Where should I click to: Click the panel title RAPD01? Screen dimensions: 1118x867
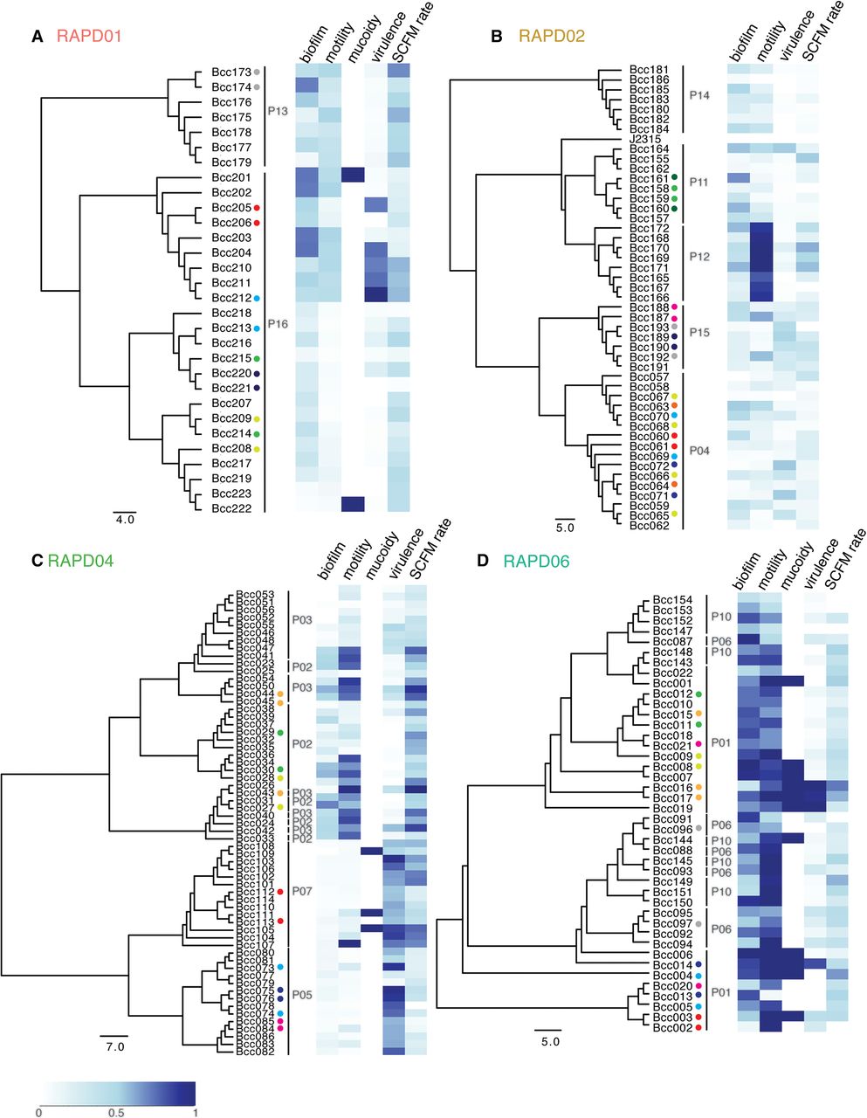click(x=88, y=37)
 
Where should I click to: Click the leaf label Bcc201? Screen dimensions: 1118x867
click(x=231, y=177)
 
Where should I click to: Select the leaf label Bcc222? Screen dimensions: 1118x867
click(x=231, y=508)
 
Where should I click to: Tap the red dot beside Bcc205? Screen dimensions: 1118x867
click(x=257, y=208)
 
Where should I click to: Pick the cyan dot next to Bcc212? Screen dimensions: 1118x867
click(x=257, y=298)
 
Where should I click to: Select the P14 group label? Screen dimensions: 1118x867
click(x=699, y=94)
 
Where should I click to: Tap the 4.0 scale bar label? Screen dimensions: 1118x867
click(x=125, y=518)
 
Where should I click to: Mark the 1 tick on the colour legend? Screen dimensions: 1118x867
click(x=194, y=1113)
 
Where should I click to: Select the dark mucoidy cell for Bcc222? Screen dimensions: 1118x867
click(x=352, y=504)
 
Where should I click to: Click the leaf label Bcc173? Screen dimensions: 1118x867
click(x=231, y=72)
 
